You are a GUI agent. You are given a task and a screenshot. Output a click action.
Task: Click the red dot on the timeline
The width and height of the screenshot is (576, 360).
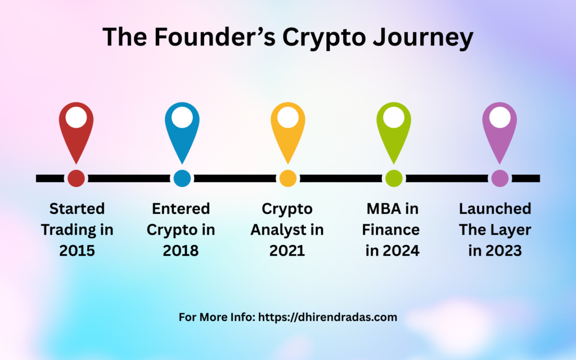click(x=76, y=178)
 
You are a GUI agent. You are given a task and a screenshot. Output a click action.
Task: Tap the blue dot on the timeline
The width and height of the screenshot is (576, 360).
click(x=182, y=178)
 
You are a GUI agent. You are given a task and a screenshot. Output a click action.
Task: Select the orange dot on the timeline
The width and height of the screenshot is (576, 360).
click(x=287, y=178)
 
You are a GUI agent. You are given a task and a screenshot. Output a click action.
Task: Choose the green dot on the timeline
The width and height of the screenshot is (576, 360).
click(x=393, y=178)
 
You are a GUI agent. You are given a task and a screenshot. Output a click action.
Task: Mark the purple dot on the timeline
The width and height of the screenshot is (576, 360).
click(x=499, y=178)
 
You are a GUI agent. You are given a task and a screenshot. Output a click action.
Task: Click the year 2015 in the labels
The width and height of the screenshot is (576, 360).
click(x=77, y=251)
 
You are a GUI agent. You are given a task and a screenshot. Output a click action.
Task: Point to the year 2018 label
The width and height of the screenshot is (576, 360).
click(x=181, y=251)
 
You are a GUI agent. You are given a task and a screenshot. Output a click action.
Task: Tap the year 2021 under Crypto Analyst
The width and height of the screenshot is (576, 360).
click(x=287, y=251)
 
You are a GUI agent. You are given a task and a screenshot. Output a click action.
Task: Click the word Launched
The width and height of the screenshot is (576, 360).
click(x=495, y=209)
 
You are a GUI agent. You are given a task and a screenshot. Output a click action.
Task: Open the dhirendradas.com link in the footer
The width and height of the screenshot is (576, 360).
click(x=327, y=317)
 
